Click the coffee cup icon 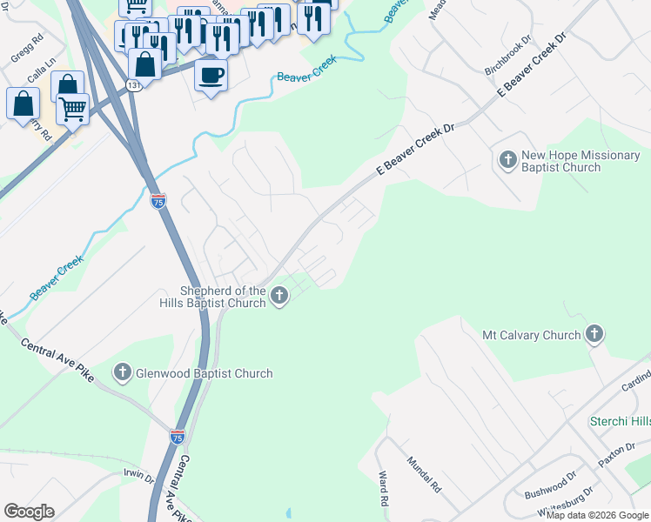[x=211, y=76]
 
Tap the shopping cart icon [x=73, y=109]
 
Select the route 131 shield [x=132, y=85]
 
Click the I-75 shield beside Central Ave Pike [x=178, y=436]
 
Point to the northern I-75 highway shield [x=158, y=201]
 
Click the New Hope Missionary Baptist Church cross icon [x=507, y=160]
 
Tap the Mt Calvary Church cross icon [x=594, y=334]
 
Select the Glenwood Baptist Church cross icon [x=123, y=372]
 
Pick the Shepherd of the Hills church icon [x=279, y=297]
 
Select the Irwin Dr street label [x=138, y=478]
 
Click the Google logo [x=29, y=512]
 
